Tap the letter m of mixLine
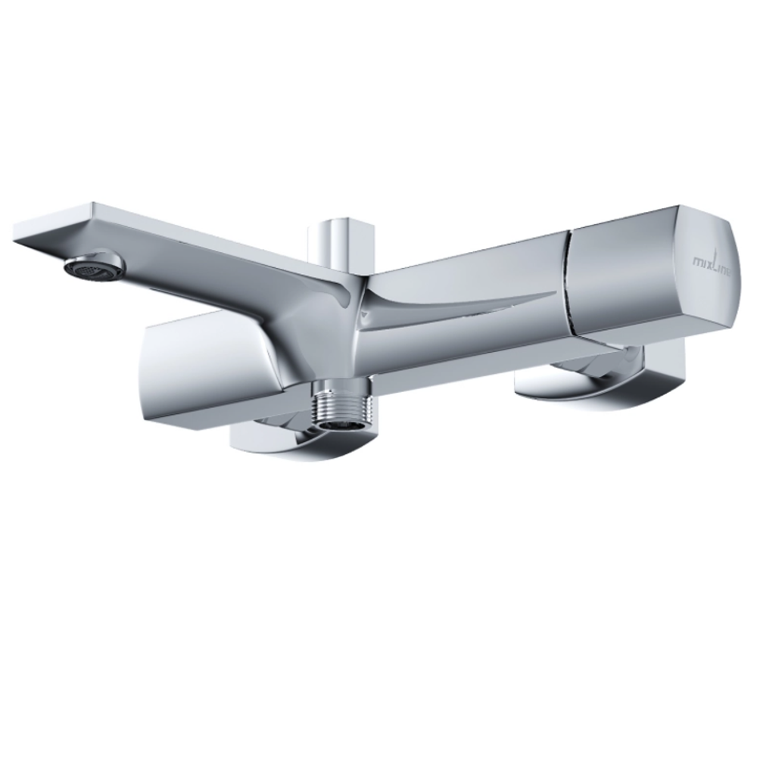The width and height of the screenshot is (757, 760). pyautogui.click(x=698, y=263)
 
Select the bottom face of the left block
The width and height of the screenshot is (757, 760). pyautogui.click(x=204, y=413)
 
